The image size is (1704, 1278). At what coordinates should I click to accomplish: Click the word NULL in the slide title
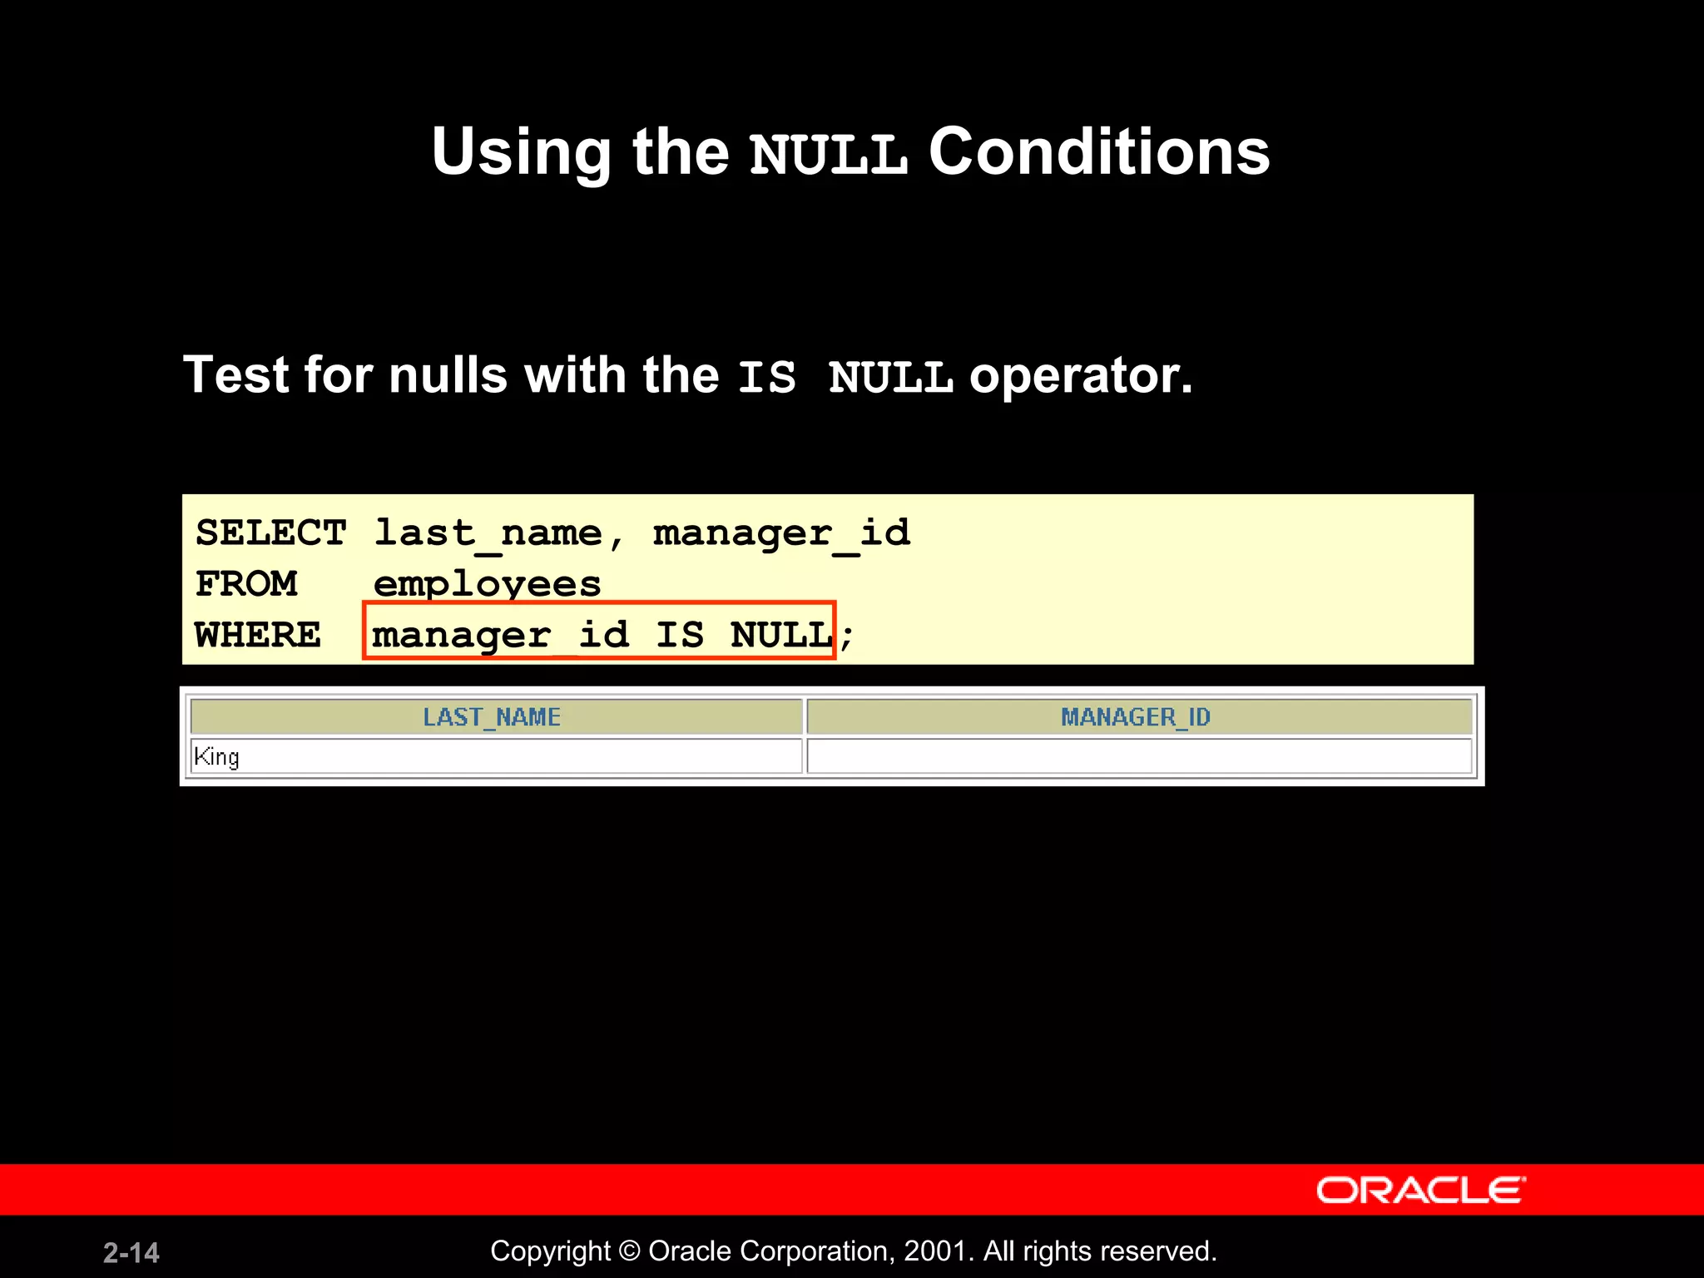click(x=828, y=154)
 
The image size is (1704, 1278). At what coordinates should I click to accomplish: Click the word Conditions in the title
click(x=1098, y=152)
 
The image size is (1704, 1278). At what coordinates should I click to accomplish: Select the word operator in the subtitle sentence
click(x=1080, y=376)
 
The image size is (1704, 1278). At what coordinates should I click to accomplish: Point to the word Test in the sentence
click(x=235, y=374)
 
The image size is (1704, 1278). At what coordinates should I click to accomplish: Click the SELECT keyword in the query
click(x=271, y=533)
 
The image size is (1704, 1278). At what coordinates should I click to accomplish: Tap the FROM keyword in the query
click(x=246, y=584)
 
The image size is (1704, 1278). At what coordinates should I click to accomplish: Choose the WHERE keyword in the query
click(x=258, y=636)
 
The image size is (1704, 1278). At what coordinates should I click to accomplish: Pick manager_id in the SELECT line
click(x=781, y=533)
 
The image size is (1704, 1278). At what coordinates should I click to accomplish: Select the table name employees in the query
click(x=487, y=584)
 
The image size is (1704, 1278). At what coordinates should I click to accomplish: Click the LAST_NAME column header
click(x=492, y=717)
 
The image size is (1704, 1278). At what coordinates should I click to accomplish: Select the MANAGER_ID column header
click(x=1136, y=717)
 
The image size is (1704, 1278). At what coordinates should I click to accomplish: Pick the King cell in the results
click(x=216, y=757)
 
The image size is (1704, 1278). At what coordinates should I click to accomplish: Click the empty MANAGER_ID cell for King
click(x=1138, y=757)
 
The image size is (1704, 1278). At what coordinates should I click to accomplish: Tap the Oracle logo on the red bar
click(x=1420, y=1190)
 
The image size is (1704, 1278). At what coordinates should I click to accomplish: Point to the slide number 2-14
click(x=131, y=1252)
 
